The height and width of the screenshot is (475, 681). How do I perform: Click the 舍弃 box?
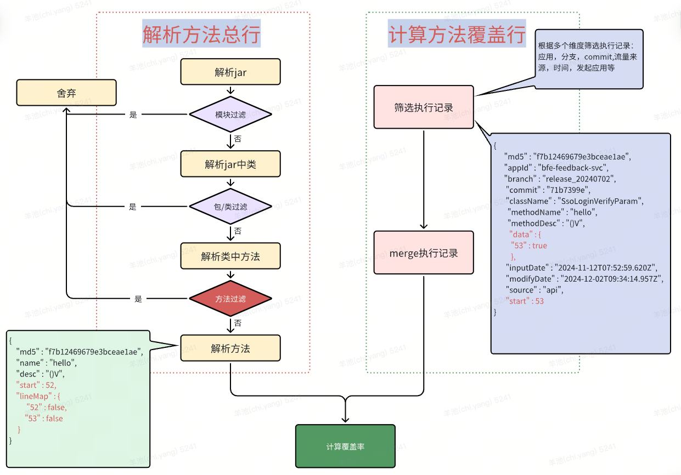66,93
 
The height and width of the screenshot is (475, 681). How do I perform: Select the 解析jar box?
230,72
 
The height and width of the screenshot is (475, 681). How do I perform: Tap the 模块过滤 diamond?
230,115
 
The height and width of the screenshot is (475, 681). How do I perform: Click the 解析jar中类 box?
230,164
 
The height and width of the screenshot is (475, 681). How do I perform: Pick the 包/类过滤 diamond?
230,207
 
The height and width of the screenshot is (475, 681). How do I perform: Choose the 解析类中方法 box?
230,256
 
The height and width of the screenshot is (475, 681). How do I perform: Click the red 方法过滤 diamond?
230,299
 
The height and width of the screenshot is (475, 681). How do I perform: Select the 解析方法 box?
230,348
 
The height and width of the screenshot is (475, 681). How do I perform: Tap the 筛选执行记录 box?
424,107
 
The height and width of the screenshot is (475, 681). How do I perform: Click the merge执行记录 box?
424,253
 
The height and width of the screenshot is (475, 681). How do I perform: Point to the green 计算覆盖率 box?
345,447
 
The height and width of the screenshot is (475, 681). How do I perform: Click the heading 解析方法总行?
201,34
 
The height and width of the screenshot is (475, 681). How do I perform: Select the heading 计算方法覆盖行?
457,34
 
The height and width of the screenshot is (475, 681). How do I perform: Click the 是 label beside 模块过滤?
133,115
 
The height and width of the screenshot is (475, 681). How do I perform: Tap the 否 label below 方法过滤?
238,323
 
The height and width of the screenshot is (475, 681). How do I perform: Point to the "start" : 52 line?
36,385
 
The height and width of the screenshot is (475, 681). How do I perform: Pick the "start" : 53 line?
525,301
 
